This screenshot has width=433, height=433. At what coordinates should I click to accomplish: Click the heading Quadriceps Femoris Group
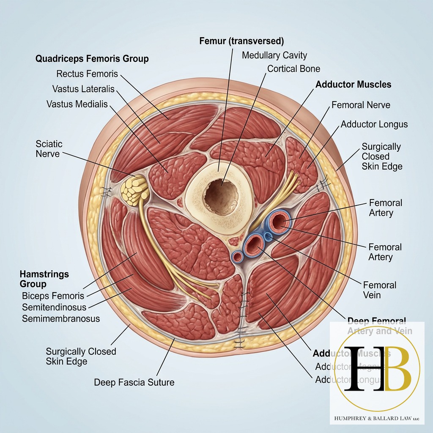[92, 58]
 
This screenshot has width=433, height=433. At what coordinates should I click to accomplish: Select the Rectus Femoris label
[87, 74]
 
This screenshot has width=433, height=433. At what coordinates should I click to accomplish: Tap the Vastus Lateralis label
[83, 89]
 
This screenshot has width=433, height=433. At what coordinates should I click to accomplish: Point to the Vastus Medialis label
[77, 104]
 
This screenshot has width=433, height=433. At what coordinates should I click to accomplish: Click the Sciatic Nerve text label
[49, 148]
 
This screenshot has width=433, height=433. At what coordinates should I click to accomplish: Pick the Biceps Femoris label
[53, 296]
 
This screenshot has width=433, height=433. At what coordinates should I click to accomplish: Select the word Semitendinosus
[54, 307]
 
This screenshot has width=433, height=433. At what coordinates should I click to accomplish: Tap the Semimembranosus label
[61, 318]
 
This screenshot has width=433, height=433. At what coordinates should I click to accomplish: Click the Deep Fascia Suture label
[134, 382]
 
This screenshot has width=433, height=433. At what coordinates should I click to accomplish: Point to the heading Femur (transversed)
[241, 41]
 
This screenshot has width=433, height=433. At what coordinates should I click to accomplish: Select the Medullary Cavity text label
[274, 55]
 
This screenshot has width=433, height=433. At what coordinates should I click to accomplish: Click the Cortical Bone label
[294, 69]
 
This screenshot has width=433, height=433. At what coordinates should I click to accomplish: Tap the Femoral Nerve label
[361, 104]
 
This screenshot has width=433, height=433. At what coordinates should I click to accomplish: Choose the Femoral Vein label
[379, 290]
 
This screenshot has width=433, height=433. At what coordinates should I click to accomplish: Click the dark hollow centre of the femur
[220, 196]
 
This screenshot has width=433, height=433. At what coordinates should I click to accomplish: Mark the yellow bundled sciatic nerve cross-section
[135, 191]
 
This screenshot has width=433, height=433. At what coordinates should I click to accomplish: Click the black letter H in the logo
[362, 368]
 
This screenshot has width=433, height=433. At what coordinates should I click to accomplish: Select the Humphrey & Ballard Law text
[376, 418]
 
